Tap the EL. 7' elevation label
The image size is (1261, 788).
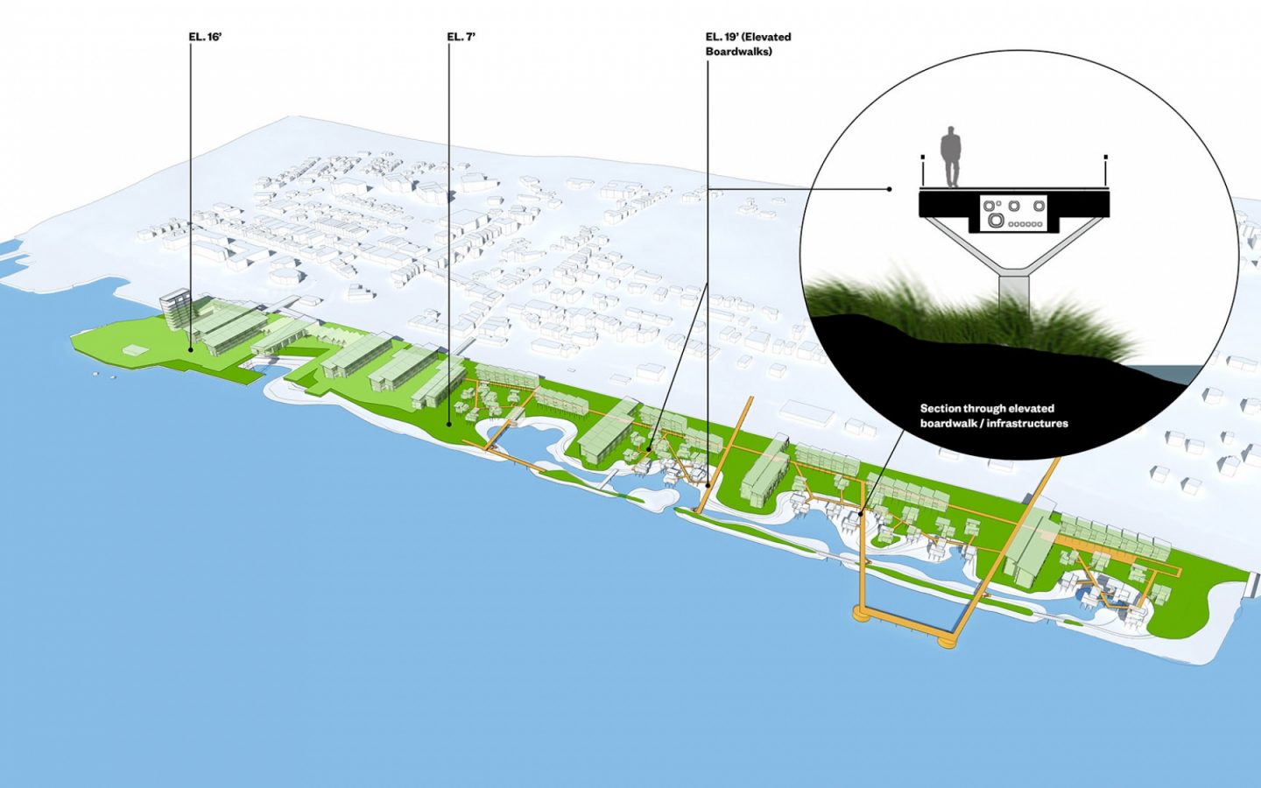(x=461, y=37)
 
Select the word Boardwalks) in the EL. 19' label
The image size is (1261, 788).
(x=738, y=52)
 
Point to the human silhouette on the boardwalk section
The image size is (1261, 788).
(x=949, y=156)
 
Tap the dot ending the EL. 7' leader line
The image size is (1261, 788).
(x=449, y=424)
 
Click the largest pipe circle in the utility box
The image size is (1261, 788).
(x=996, y=221)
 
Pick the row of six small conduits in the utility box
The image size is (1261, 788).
(x=1025, y=224)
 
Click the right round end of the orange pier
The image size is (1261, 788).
(x=947, y=641)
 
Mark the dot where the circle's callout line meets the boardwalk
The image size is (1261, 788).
(x=862, y=514)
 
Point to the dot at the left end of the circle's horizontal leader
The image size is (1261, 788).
(x=890, y=189)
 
